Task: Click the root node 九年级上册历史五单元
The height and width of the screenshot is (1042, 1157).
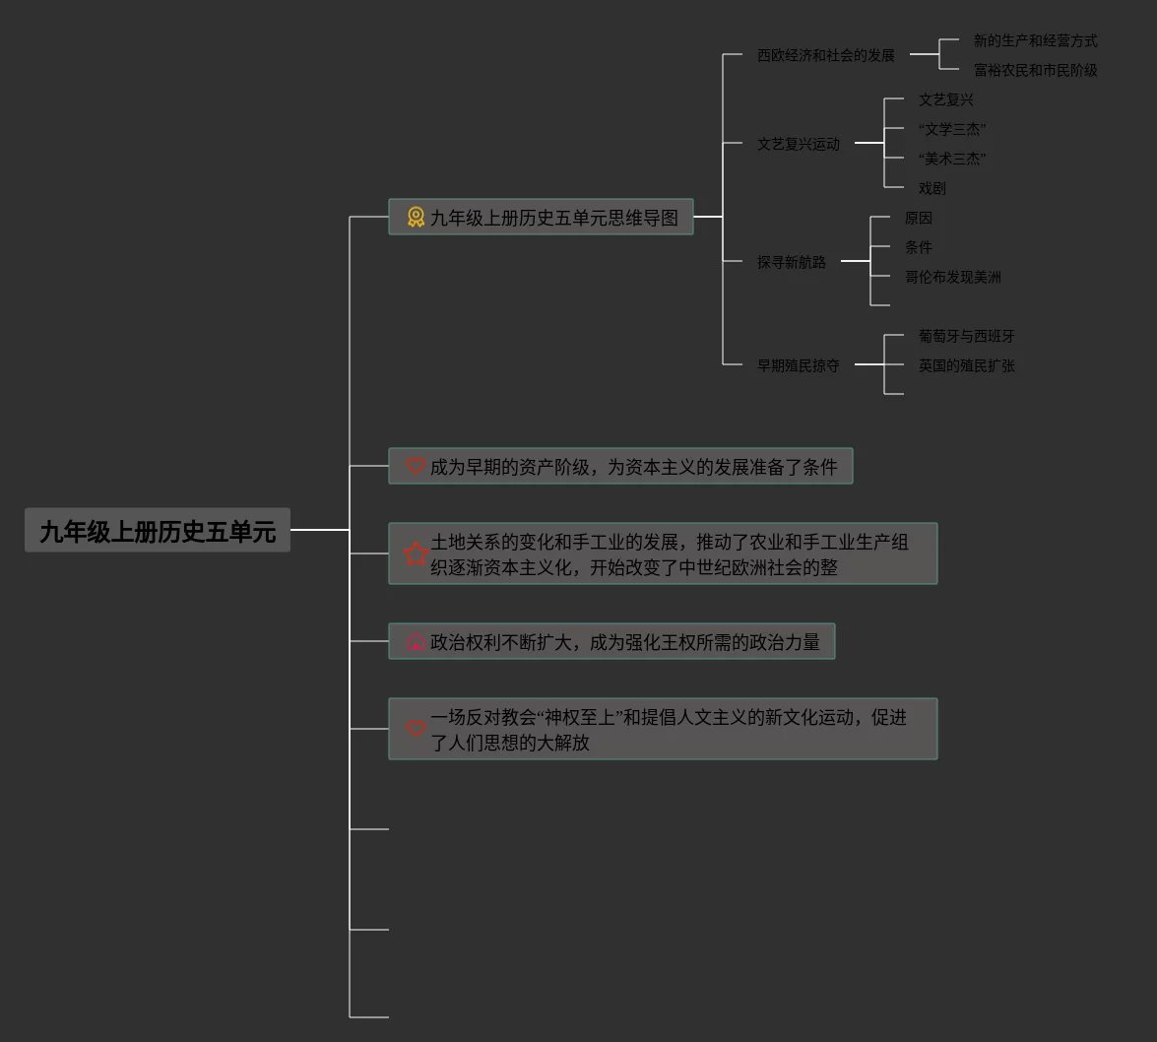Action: (x=158, y=531)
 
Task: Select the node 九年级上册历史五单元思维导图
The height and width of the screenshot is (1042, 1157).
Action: (x=553, y=218)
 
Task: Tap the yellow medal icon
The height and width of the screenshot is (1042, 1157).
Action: (x=417, y=218)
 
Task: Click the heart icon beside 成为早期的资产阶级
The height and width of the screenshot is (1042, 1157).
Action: (x=416, y=466)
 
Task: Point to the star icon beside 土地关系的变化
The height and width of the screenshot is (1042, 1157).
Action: (x=416, y=554)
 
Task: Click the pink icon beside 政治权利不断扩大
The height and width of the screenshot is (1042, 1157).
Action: (x=416, y=642)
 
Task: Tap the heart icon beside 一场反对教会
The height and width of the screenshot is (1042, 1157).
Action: (x=416, y=729)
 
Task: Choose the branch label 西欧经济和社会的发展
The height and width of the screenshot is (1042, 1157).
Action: (x=825, y=55)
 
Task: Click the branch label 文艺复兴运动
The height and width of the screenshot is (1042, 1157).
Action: (x=798, y=144)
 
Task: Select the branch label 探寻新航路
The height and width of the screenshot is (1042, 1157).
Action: (x=791, y=262)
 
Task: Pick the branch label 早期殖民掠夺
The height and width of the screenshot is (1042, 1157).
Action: (x=798, y=365)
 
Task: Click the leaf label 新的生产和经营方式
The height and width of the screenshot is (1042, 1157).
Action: (x=1035, y=40)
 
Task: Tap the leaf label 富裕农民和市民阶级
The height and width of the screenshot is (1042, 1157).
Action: (x=1035, y=70)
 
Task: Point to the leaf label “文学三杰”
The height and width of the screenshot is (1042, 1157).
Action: (x=952, y=129)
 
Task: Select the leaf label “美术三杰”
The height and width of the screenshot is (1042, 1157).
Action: (x=952, y=159)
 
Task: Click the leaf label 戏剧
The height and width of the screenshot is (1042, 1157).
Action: (x=932, y=188)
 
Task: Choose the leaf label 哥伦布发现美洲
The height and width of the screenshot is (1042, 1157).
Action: (x=952, y=277)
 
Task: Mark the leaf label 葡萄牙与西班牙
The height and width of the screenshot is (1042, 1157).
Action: (x=966, y=336)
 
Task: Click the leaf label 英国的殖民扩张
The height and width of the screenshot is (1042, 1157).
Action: (x=966, y=365)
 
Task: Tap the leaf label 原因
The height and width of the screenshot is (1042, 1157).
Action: (x=918, y=218)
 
